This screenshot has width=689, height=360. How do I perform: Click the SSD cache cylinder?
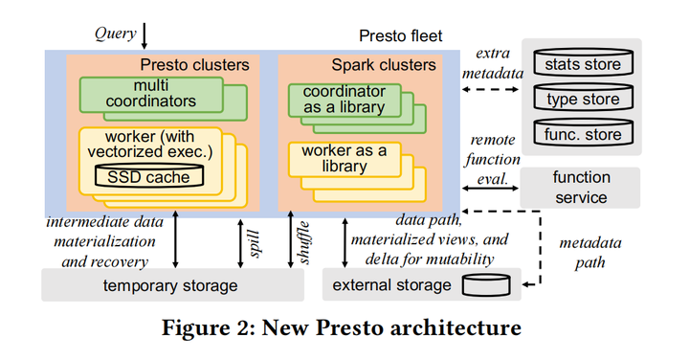click(x=149, y=176)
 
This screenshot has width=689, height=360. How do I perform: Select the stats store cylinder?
click(x=582, y=65)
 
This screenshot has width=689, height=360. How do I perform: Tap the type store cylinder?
click(x=582, y=100)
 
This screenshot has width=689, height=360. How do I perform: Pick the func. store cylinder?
click(x=582, y=134)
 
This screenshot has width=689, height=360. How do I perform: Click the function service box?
click(x=581, y=188)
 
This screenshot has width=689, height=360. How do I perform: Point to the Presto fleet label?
click(x=401, y=37)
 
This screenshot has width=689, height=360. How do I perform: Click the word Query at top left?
click(x=114, y=34)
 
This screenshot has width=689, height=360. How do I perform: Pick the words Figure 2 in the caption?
click(x=214, y=328)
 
